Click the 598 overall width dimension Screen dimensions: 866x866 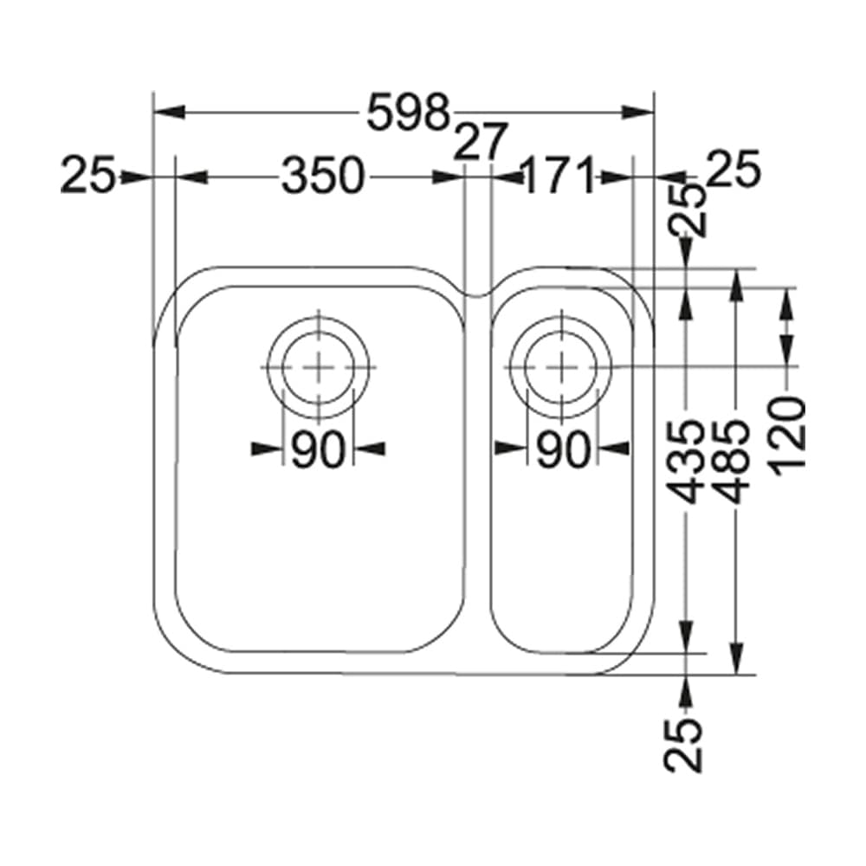click(409, 113)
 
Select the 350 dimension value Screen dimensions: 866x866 click(320, 177)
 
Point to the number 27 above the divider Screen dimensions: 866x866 click(479, 141)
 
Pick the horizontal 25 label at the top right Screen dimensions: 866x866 click(733, 169)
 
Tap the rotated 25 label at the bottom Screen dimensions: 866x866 click(684, 743)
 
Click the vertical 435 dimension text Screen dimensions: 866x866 click(686, 461)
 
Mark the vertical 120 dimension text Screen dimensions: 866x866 click(787, 433)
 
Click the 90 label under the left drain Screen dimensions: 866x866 click(318, 449)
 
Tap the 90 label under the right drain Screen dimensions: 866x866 click(562, 449)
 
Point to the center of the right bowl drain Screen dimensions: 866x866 click(562, 365)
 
